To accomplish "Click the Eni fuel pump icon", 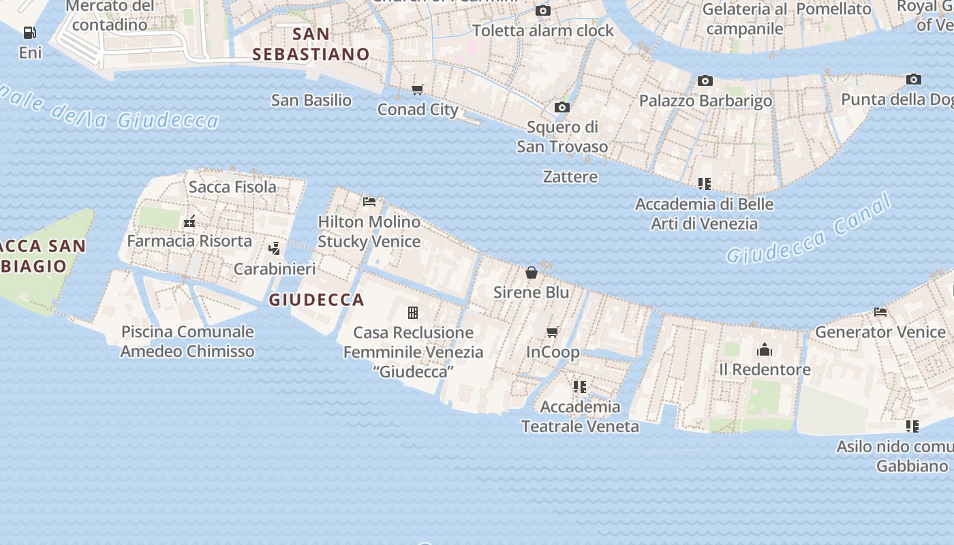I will (29, 32).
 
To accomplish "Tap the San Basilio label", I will (311, 100).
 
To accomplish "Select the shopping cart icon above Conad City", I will (418, 90).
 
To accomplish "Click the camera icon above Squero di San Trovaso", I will (562, 107).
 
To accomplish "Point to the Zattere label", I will (570, 176).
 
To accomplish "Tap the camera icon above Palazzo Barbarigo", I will (705, 81).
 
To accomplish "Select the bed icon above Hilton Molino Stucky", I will (369, 201).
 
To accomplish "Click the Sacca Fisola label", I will (232, 187).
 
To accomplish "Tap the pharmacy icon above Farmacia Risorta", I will (189, 221).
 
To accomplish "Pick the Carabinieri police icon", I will (275, 249).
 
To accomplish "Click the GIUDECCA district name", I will (317, 300).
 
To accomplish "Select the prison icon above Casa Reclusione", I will (413, 313).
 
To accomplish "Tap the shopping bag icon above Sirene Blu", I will (532, 272).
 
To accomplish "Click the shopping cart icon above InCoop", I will (553, 332).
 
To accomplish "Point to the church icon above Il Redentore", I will (765, 349).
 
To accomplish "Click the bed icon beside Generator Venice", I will (880, 312).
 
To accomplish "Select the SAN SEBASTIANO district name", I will (311, 44).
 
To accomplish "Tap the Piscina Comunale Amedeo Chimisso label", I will (187, 341).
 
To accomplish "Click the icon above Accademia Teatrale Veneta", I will (580, 387).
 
